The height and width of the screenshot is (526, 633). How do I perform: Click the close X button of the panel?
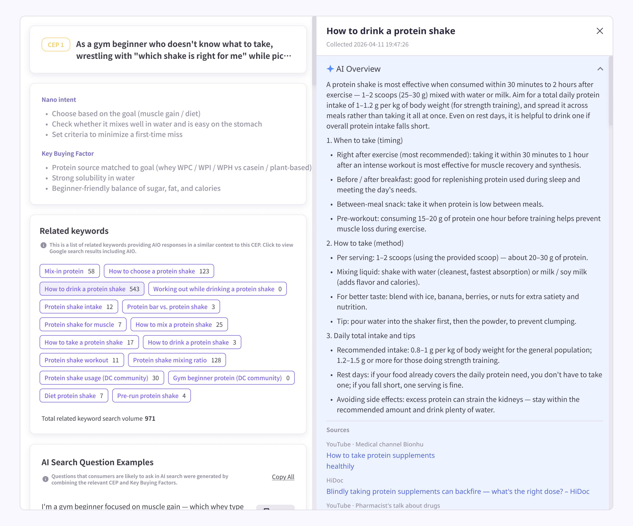click(600, 31)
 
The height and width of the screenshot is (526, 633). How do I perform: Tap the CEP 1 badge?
click(56, 44)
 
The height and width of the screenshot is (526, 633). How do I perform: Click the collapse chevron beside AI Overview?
click(600, 69)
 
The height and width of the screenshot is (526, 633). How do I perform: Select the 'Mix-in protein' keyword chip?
click(69, 271)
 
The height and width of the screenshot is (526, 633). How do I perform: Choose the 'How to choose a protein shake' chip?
click(158, 271)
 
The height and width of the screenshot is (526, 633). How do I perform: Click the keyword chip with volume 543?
click(92, 289)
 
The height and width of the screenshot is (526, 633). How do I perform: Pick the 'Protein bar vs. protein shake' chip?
click(171, 307)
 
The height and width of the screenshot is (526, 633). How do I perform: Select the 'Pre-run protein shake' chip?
click(151, 395)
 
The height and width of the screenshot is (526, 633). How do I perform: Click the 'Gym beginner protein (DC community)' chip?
click(231, 378)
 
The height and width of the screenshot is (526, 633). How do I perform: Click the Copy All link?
click(283, 477)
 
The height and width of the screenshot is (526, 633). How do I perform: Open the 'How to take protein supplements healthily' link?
click(380, 455)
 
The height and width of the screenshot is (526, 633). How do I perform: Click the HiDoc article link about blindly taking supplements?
click(458, 491)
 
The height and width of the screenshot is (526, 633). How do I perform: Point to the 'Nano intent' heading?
click(59, 100)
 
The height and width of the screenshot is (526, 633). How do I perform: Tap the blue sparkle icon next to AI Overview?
click(330, 69)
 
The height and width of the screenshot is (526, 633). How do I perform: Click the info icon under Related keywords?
click(44, 245)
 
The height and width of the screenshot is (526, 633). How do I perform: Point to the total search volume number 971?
click(150, 418)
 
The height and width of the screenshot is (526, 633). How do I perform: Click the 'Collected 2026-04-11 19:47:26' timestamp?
click(367, 44)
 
